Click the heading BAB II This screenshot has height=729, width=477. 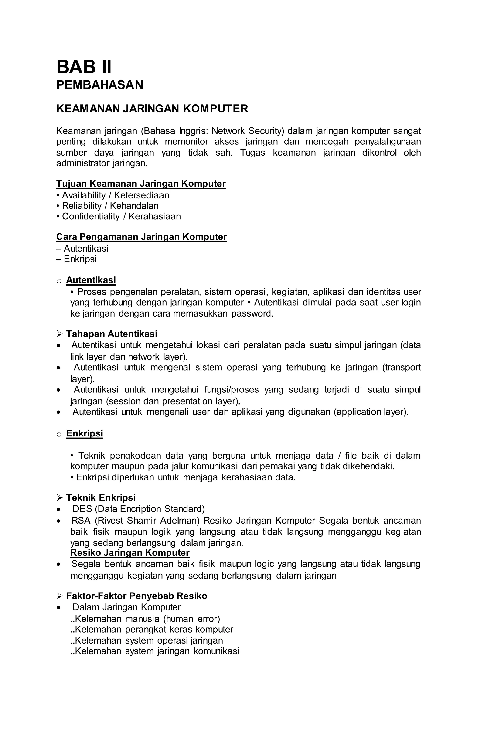84,67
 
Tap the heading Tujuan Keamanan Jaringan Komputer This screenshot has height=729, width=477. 141,184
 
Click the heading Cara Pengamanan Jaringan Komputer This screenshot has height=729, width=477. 142,237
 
